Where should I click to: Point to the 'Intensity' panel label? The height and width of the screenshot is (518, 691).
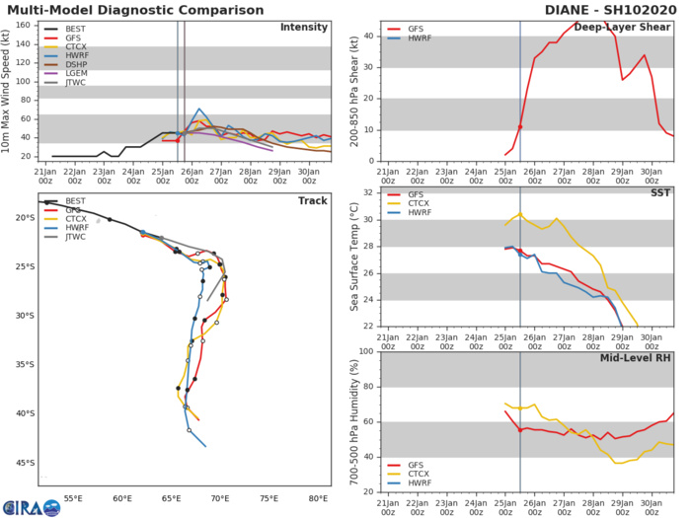tap(303, 27)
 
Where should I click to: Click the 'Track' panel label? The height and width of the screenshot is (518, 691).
tap(312, 199)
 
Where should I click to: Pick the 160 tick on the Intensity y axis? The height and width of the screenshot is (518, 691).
tap(25, 25)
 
